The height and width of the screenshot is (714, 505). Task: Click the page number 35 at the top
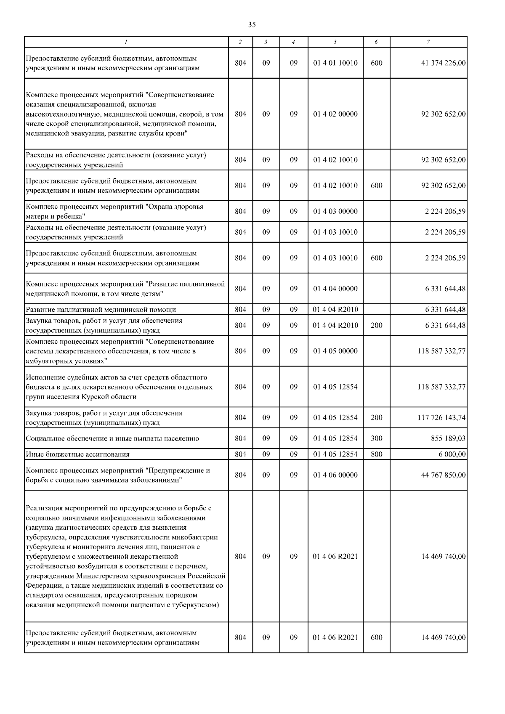pyautogui.click(x=252, y=25)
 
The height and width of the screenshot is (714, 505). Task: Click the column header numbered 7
pyautogui.click(x=428, y=42)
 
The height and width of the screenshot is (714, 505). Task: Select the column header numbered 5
pyautogui.click(x=335, y=42)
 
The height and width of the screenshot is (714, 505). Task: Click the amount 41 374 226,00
pyautogui.click(x=443, y=63)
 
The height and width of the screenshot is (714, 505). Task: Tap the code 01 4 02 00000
pyautogui.click(x=335, y=114)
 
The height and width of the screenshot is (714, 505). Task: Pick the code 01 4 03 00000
pyautogui.click(x=335, y=211)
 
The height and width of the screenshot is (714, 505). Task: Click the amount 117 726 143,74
pyautogui.click(x=441, y=417)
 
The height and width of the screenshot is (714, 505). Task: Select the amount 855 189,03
pyautogui.click(x=448, y=438)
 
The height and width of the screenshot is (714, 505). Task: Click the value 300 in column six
pyautogui.click(x=377, y=438)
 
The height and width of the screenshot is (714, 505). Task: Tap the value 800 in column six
pyautogui.click(x=377, y=454)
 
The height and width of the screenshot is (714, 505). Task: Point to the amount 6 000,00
pyautogui.click(x=452, y=454)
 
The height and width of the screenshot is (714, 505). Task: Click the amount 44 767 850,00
pyautogui.click(x=443, y=475)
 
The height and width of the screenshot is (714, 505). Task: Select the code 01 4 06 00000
pyautogui.click(x=335, y=475)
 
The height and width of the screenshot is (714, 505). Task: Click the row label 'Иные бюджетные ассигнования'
pyautogui.click(x=77, y=454)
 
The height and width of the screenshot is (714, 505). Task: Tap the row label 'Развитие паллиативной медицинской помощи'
pyautogui.click(x=101, y=310)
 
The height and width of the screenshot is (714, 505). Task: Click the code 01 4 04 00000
pyautogui.click(x=335, y=289)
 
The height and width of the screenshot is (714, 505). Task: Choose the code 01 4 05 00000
pyautogui.click(x=335, y=351)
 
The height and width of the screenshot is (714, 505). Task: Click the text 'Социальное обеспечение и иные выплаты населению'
pyautogui.click(x=112, y=438)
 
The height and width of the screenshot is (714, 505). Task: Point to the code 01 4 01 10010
pyautogui.click(x=335, y=63)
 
